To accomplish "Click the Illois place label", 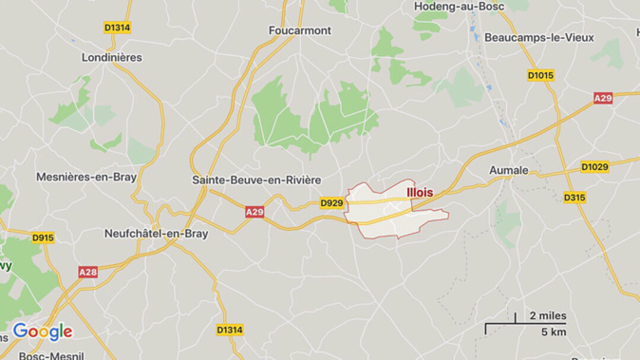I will [x=419, y=192].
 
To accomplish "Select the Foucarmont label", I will [x=300, y=30].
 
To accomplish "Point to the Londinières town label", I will [x=112, y=57].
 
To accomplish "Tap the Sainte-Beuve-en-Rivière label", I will [x=256, y=180].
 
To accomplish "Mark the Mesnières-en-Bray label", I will [x=86, y=177].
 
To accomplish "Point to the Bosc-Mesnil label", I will [x=47, y=354].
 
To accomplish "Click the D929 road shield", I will [x=331, y=203].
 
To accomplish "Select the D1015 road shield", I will [x=540, y=75].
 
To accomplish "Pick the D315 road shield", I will [x=574, y=198].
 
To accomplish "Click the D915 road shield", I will [x=43, y=237].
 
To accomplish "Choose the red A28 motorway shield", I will [x=87, y=272].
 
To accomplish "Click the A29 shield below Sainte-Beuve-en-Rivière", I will [x=254, y=212].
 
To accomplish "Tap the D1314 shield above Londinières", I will [x=117, y=28].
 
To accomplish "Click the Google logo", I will [x=43, y=332].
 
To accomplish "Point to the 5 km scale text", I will [x=553, y=332].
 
